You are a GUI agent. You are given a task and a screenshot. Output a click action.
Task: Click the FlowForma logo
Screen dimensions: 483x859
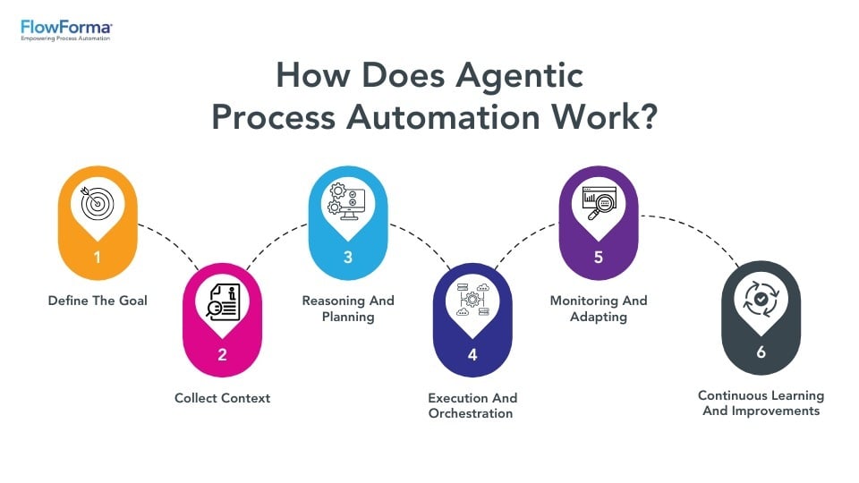pos(66,30)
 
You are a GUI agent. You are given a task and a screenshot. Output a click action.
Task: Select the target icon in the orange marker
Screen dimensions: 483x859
pos(98,203)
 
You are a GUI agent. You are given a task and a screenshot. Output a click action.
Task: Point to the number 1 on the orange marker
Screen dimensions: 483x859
pos(98,257)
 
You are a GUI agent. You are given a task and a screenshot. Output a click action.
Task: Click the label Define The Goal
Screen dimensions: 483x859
pos(98,301)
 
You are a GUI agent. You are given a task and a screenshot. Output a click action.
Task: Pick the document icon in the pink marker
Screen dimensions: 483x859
pos(222,300)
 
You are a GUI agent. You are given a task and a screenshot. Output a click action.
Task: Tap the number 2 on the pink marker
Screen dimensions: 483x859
pos(222,354)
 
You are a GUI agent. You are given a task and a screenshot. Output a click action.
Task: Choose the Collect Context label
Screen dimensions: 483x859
pos(222,397)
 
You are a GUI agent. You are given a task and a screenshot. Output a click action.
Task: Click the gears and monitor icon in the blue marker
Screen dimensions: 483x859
pos(347,203)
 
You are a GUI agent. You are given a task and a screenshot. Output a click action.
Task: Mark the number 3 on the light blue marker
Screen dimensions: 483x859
pos(347,257)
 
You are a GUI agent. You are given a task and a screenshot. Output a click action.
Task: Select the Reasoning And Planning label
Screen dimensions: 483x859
pos(347,309)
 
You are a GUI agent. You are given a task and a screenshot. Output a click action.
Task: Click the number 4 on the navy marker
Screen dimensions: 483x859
pos(472,354)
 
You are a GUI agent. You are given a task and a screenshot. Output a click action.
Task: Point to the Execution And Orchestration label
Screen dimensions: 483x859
pos(472,405)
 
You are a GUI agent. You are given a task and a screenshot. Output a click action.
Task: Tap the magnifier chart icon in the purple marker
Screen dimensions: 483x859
pos(598,203)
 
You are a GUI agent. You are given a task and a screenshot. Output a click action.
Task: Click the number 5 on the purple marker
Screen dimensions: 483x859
pos(598,257)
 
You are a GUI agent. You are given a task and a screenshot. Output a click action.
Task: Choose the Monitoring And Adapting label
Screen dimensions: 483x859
pos(598,309)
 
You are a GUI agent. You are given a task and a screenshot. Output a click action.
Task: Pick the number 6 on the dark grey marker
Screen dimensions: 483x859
pos(761,352)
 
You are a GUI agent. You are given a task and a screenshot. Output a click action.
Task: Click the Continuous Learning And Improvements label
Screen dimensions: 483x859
pos(761,402)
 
